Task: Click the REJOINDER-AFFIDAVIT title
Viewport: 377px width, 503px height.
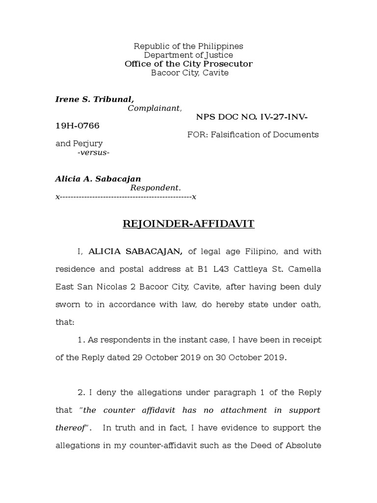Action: point(188,224)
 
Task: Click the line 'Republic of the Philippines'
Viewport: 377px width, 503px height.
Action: point(189,46)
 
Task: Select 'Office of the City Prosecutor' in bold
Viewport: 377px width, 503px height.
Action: point(189,64)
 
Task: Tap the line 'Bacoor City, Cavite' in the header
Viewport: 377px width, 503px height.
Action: point(189,73)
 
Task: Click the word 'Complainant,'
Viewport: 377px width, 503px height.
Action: point(155,108)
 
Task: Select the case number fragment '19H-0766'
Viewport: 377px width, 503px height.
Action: point(77,126)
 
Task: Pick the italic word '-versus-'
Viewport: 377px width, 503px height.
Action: point(93,153)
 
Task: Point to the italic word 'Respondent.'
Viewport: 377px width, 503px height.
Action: point(155,188)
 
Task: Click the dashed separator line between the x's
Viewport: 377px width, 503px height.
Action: point(126,197)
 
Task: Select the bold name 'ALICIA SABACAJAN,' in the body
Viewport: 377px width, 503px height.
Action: point(135,251)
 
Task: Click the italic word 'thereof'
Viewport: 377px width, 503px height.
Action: point(71,428)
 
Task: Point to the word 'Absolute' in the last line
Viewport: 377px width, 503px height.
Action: point(304,446)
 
